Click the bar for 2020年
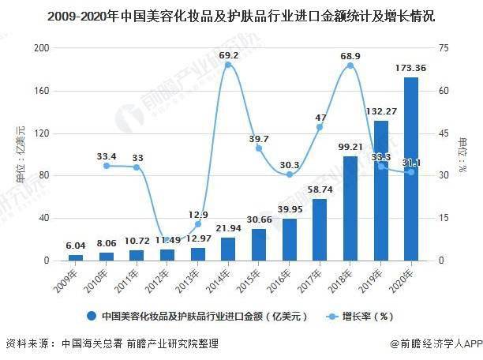(x=411, y=169)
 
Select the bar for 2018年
(x=350, y=208)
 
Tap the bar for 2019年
(x=381, y=190)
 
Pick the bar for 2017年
(x=320, y=230)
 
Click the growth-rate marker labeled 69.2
(x=228, y=65)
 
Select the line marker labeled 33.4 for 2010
(x=106, y=166)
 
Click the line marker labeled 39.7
(x=259, y=148)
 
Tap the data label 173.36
(x=410, y=69)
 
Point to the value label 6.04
(x=75, y=246)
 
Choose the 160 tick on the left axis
(x=40, y=91)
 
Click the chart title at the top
(x=241, y=16)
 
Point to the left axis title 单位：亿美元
(x=19, y=154)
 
